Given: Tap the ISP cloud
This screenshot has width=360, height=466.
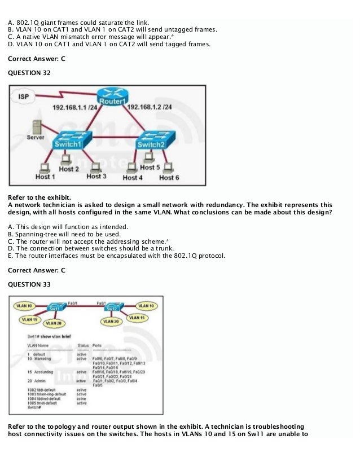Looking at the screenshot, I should tap(24, 96).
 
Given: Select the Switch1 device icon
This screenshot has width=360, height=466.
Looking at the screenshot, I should tap(68, 142).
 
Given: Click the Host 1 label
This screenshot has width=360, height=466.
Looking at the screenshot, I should tap(45, 177).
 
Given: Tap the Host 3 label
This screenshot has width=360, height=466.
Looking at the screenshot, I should tap(96, 176).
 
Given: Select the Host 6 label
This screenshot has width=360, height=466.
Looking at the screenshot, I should tap(169, 177).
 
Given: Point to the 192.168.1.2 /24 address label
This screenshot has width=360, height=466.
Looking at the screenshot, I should tap(150, 107).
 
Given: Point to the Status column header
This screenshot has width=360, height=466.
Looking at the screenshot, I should tap(83, 344).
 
